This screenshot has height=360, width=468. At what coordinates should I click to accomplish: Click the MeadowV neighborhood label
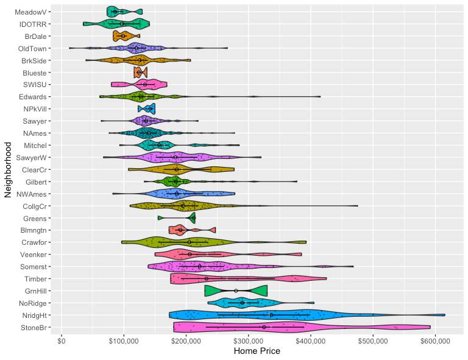click(30, 12)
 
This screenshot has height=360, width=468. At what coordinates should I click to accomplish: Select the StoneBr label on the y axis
click(32, 327)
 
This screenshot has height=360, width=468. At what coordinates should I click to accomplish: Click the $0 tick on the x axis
click(61, 339)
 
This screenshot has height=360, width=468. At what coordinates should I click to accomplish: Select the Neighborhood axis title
click(9, 169)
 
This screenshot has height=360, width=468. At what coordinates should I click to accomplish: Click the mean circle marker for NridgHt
click(271, 315)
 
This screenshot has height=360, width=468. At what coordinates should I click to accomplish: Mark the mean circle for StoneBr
click(264, 327)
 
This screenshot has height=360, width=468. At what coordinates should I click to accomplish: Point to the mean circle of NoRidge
click(243, 303)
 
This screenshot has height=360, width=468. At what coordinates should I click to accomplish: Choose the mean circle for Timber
click(207, 278)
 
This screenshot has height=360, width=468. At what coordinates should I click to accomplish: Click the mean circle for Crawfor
click(190, 242)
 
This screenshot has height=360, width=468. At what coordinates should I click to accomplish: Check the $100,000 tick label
click(124, 339)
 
